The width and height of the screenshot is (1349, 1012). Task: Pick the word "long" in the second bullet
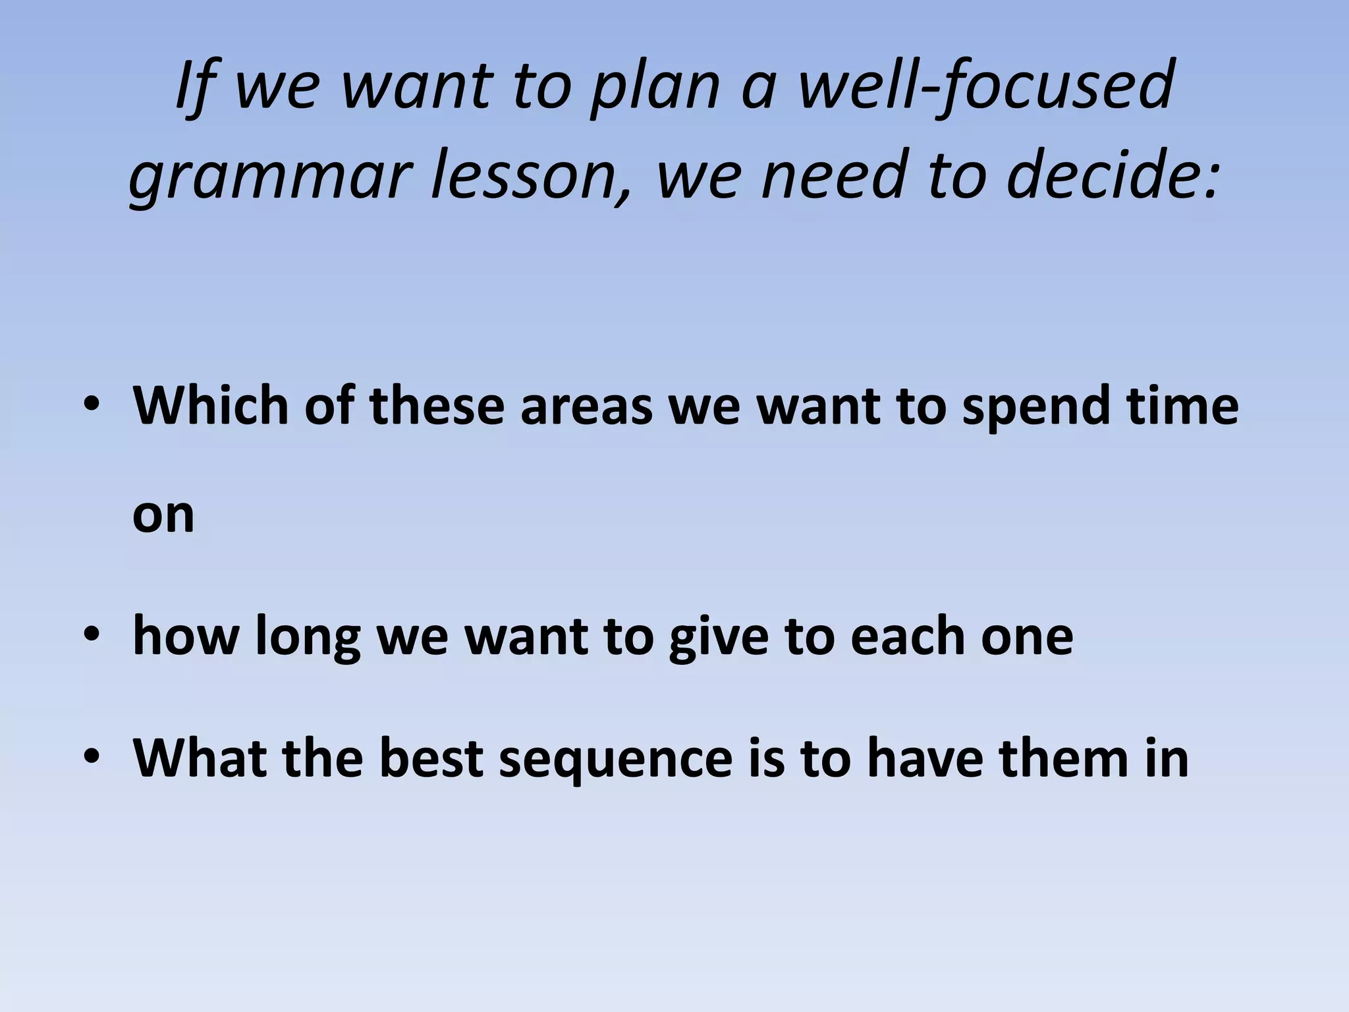(x=308, y=636)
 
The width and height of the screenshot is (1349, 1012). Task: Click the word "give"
(x=719, y=636)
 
